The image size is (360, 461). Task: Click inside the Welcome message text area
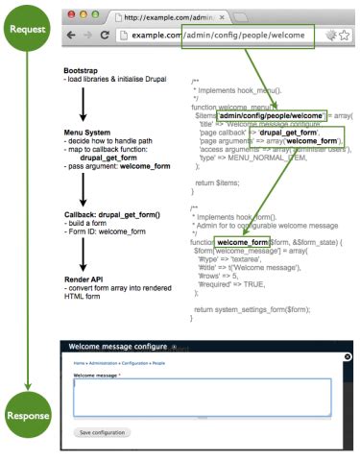pyautogui.click(x=202, y=395)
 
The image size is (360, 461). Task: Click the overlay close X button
pyautogui.click(x=348, y=356)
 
